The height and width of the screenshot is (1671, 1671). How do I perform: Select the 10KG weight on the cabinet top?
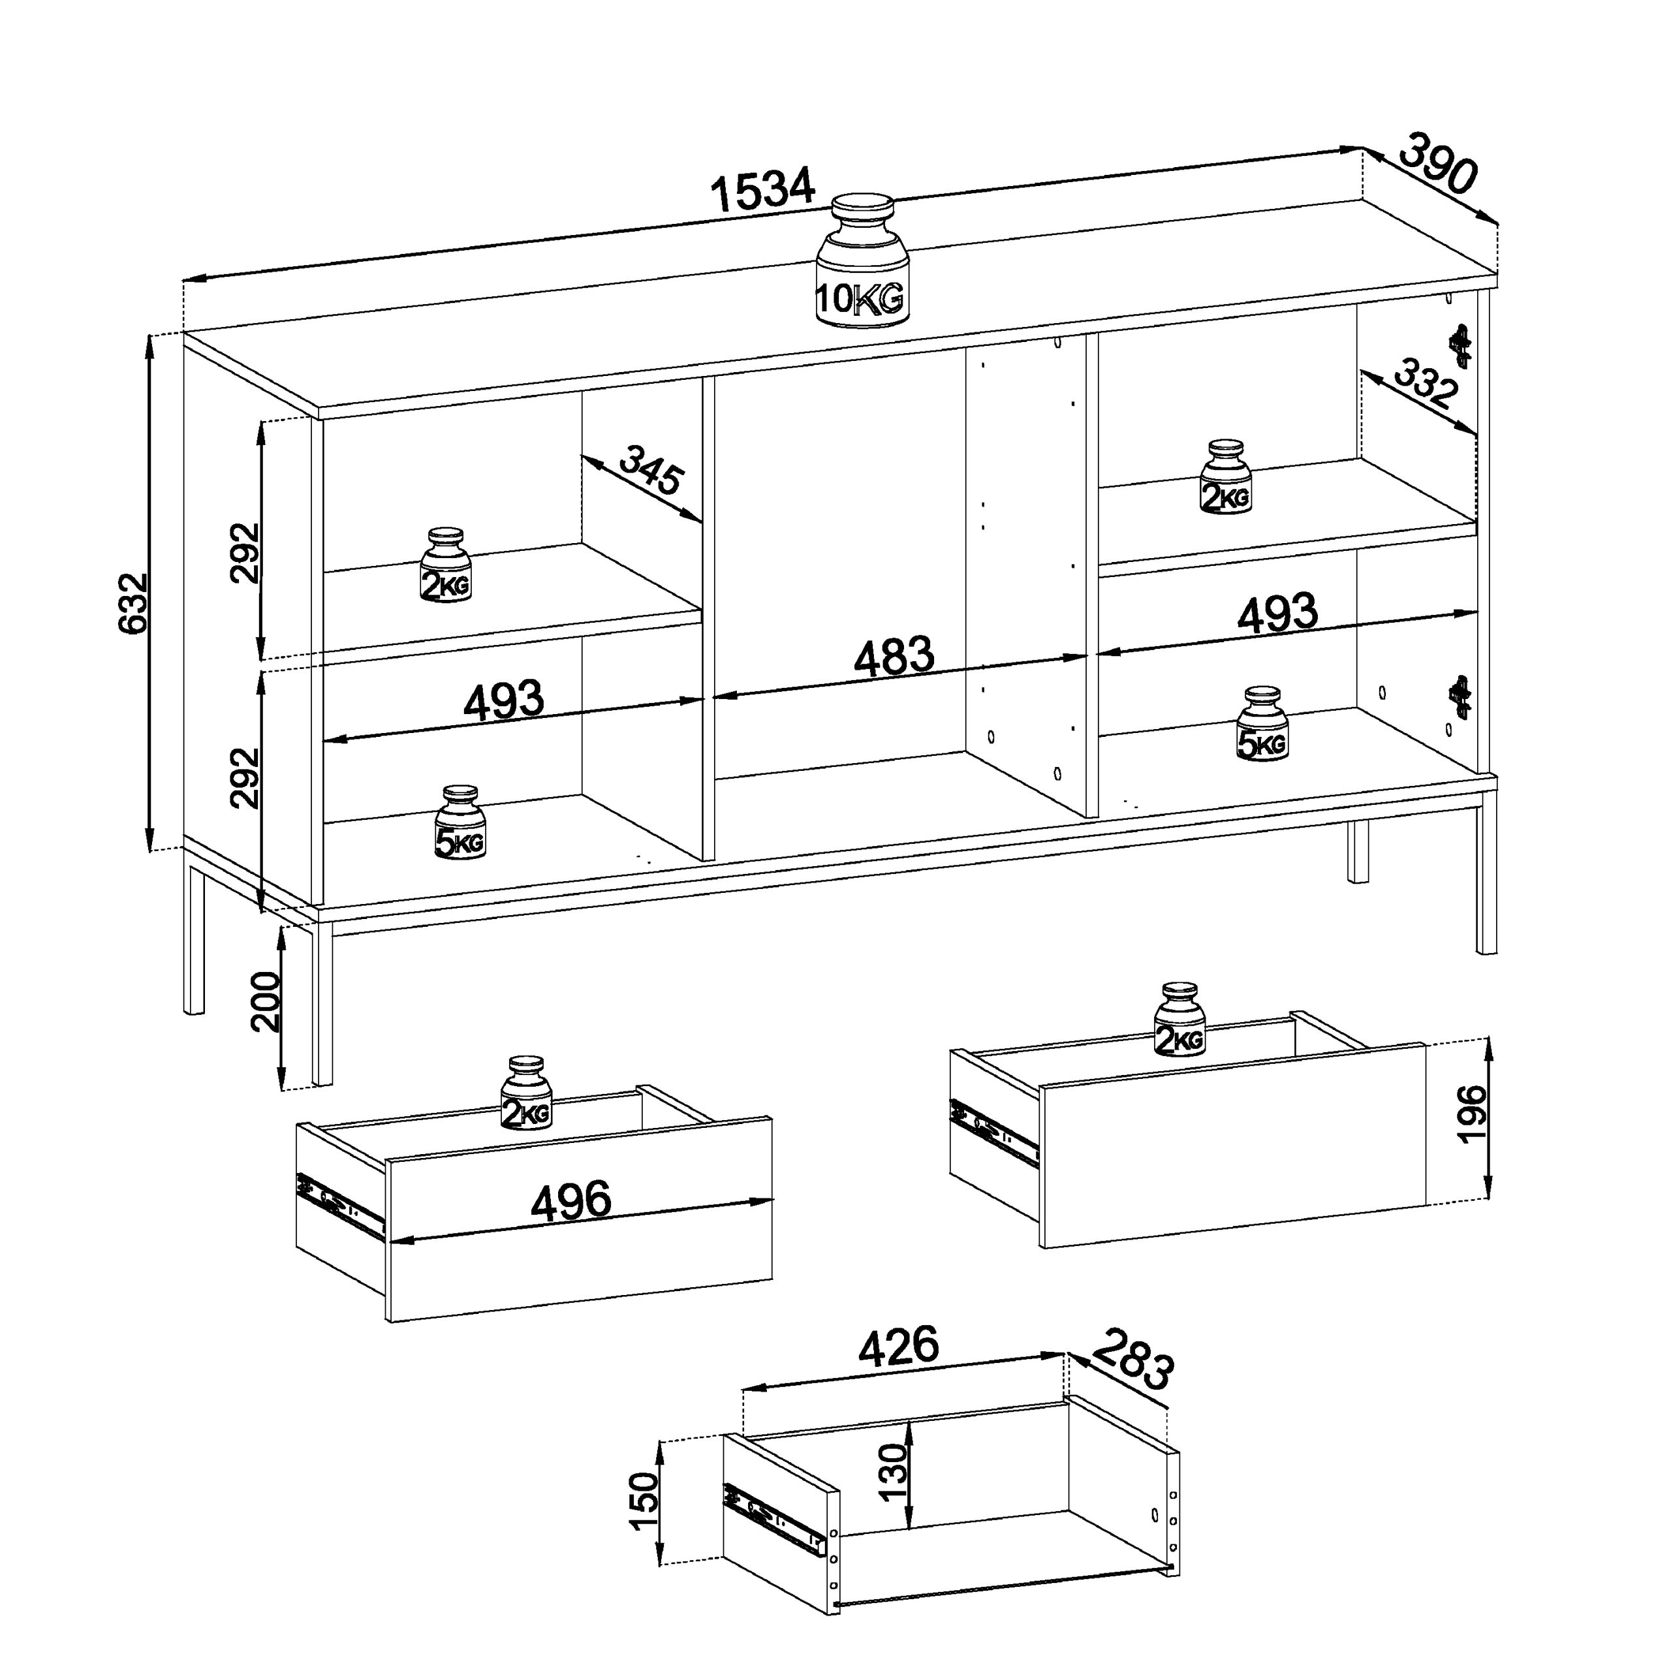[x=862, y=260]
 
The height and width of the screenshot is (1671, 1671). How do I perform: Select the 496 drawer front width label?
[x=571, y=1201]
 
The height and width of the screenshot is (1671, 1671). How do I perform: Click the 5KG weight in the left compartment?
[x=460, y=822]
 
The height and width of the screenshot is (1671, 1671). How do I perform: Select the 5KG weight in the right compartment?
[x=1263, y=724]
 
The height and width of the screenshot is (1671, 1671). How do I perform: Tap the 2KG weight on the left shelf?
[x=446, y=566]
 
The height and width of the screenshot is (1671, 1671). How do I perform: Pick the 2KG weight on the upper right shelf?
[x=1226, y=476]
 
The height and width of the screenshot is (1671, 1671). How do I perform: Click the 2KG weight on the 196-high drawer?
[x=1179, y=1020]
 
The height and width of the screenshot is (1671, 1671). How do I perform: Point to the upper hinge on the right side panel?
[x=1461, y=346]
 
